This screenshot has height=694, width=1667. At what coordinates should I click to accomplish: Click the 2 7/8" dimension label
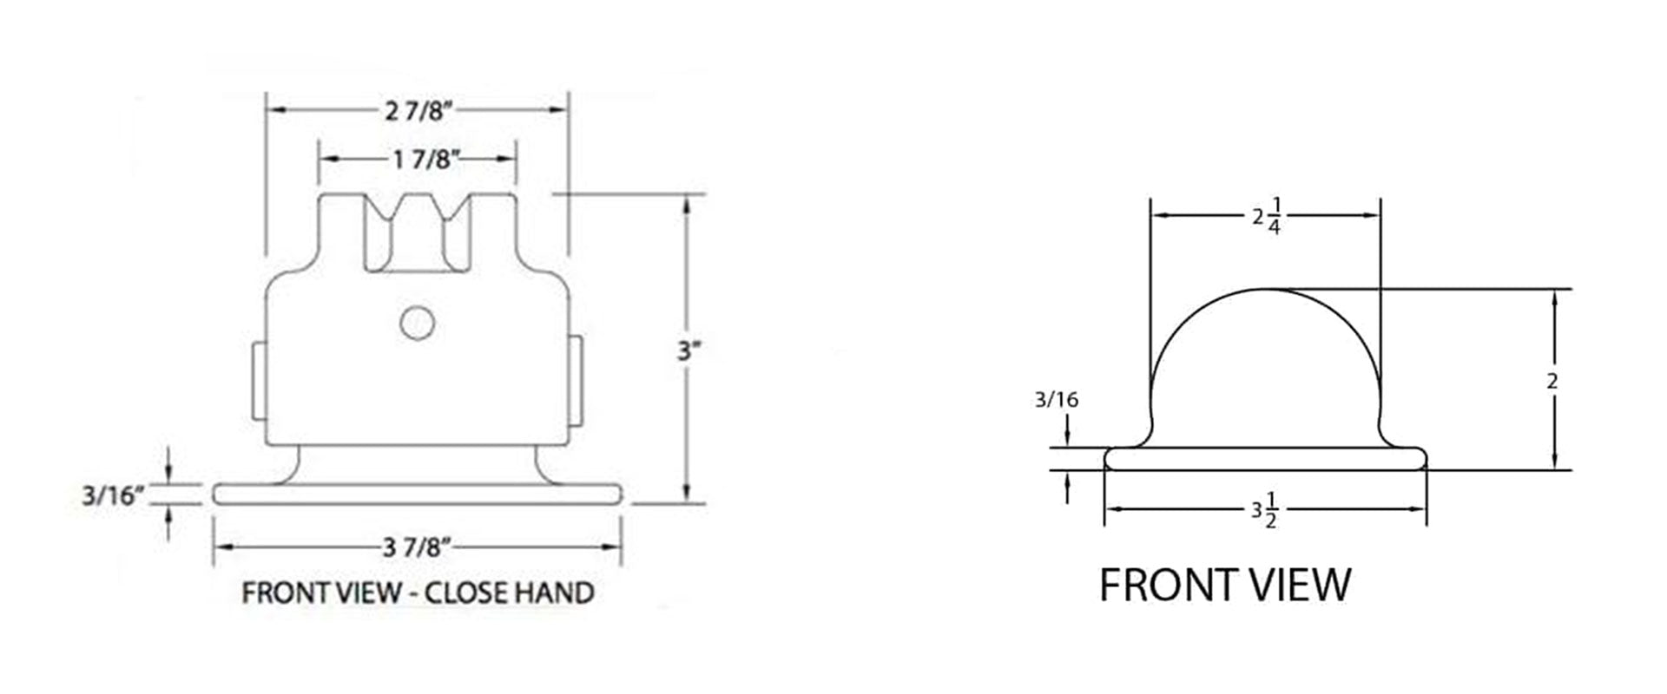click(x=418, y=110)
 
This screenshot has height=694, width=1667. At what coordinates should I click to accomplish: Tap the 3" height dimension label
click(x=689, y=351)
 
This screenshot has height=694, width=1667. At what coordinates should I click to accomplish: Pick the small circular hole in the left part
click(x=417, y=323)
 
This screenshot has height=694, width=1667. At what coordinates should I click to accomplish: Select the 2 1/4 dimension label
click(x=1266, y=217)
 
